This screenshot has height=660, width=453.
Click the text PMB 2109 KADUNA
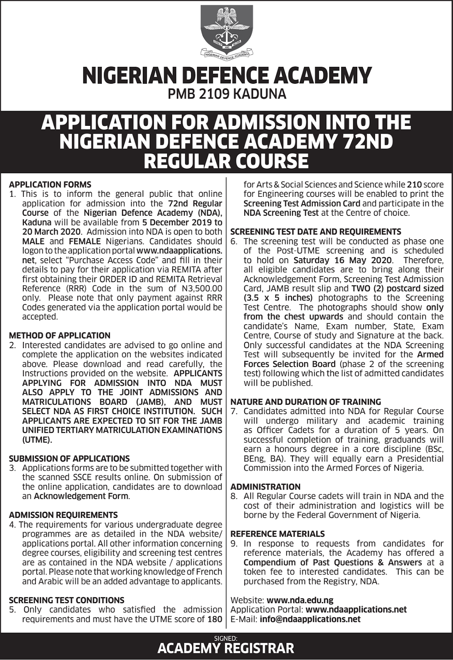point(226,94)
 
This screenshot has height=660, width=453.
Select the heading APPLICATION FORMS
point(50,184)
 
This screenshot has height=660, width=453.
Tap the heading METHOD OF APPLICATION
point(60,335)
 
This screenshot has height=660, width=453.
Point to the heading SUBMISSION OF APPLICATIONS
point(69,458)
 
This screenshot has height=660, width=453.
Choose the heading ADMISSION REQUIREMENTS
point(63,515)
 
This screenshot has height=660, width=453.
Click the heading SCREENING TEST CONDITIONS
point(66,600)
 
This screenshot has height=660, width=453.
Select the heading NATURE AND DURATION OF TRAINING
point(306,401)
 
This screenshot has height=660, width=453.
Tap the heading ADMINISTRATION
point(265,487)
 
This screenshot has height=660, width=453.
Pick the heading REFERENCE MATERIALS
point(278,534)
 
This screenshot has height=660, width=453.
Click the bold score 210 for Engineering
point(414,184)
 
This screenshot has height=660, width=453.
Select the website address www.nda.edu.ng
point(300,600)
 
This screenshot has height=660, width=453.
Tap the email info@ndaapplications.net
point(310,619)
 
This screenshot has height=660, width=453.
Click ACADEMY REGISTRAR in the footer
point(226,648)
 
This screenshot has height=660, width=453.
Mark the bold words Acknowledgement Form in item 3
point(81,496)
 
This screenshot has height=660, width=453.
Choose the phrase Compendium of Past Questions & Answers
point(333,562)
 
